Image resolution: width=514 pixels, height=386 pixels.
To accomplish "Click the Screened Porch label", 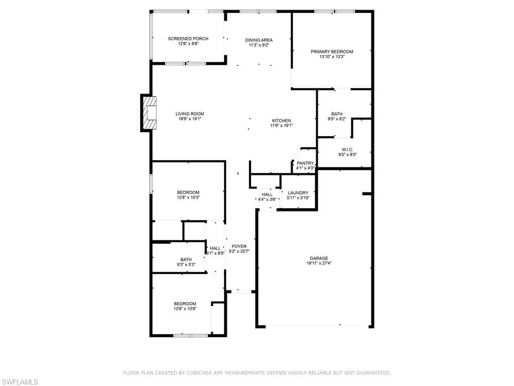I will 188,39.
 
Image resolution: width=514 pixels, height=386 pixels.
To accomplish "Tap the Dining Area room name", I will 259,40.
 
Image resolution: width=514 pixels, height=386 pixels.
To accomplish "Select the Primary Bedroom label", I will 332,52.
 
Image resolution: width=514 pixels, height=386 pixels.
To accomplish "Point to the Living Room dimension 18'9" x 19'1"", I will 190,119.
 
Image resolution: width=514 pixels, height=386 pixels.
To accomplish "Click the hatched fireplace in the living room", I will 150,114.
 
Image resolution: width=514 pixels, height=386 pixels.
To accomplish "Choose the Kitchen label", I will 281,121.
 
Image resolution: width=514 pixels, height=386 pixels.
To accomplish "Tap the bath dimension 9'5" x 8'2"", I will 336,120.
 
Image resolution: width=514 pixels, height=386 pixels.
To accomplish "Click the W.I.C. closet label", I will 347,150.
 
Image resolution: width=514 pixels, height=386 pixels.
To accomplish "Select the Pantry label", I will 305,163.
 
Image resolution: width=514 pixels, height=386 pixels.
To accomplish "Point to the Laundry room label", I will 298,193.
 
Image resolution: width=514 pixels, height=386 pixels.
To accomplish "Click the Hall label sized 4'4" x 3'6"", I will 267,195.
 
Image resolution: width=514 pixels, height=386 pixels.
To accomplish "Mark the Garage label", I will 319,258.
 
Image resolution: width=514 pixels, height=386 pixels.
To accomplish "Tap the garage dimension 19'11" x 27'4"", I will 319,263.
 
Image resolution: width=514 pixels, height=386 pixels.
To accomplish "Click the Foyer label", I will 239,246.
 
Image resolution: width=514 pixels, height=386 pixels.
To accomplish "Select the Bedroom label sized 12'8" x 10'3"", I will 188,192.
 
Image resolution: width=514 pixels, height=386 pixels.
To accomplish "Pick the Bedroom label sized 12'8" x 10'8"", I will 185,304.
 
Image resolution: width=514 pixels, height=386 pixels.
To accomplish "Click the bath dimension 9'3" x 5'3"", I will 186,265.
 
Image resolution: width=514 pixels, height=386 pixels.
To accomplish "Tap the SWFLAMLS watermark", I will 20,382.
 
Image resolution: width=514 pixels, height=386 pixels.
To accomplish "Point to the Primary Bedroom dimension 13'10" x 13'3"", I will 332,57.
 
